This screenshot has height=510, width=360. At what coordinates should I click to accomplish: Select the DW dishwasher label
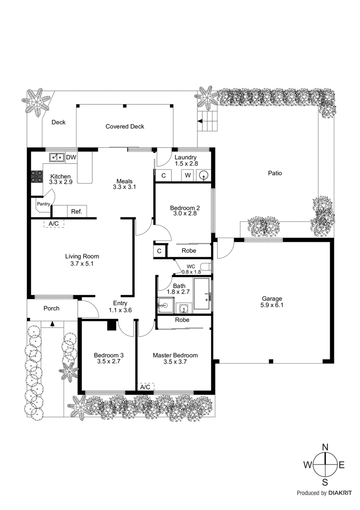coord(71,157)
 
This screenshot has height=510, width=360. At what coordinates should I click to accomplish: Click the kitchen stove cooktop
coord(37,177)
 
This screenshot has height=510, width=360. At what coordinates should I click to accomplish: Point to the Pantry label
coord(43,204)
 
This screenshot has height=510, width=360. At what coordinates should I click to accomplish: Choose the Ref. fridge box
coord(77,211)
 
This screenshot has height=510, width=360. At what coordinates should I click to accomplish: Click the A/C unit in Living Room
coord(54,223)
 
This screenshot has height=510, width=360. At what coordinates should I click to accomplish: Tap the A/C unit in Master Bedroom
coord(146,387)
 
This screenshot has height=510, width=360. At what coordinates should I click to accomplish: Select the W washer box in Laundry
coord(187,175)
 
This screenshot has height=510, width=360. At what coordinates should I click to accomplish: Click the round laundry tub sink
coord(203,175)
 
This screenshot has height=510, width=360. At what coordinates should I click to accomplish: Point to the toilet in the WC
coord(206,266)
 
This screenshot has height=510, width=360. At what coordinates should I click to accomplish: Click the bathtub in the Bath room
coord(201,293)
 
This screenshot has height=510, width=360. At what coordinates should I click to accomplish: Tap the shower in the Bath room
coord(166,305)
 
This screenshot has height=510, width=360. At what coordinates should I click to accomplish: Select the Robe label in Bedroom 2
coord(188,251)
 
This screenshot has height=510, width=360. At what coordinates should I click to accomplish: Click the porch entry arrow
coord(52,323)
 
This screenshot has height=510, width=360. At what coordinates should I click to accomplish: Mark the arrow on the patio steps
coord(200,121)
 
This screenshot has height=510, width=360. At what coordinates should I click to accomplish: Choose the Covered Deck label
coord(125,126)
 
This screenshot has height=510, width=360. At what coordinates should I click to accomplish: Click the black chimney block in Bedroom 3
coord(112,325)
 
